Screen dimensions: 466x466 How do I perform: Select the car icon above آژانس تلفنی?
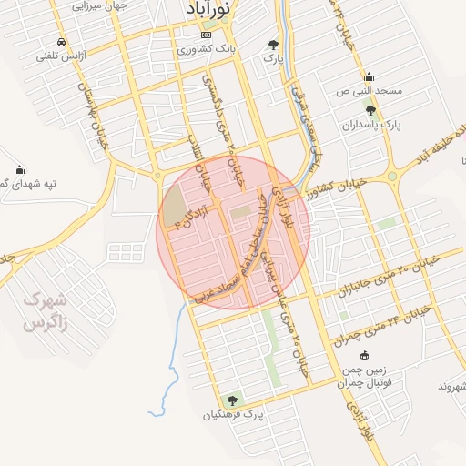coord(61,42)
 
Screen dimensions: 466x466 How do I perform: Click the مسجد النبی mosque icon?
coord(369,77)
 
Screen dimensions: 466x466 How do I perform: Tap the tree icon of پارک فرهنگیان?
coord(233,400)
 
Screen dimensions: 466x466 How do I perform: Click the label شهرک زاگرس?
coord(45,310)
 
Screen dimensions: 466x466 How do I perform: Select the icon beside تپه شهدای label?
coord(20,169)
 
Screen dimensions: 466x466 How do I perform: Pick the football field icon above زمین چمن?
coord(365,356)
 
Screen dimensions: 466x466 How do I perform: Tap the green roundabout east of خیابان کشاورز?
coord(392,177)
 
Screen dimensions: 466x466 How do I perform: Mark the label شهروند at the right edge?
coord(451,386)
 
